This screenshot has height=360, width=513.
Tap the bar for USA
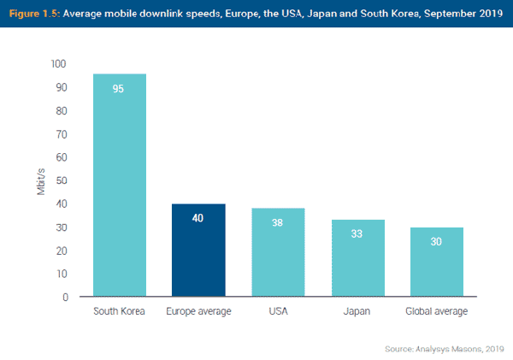(278, 253)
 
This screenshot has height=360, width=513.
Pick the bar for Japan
(357, 258)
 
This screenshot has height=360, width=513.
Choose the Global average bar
(436, 263)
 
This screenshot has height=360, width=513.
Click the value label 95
(119, 88)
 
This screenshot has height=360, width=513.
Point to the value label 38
(278, 222)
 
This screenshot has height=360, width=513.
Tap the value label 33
(357, 233)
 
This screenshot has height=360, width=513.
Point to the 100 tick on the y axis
(58, 64)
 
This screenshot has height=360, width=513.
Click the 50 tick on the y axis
(61, 180)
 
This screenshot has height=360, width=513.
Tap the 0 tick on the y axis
(63, 298)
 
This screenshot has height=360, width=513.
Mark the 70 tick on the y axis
(61, 134)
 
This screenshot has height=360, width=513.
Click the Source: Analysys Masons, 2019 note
(444, 348)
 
